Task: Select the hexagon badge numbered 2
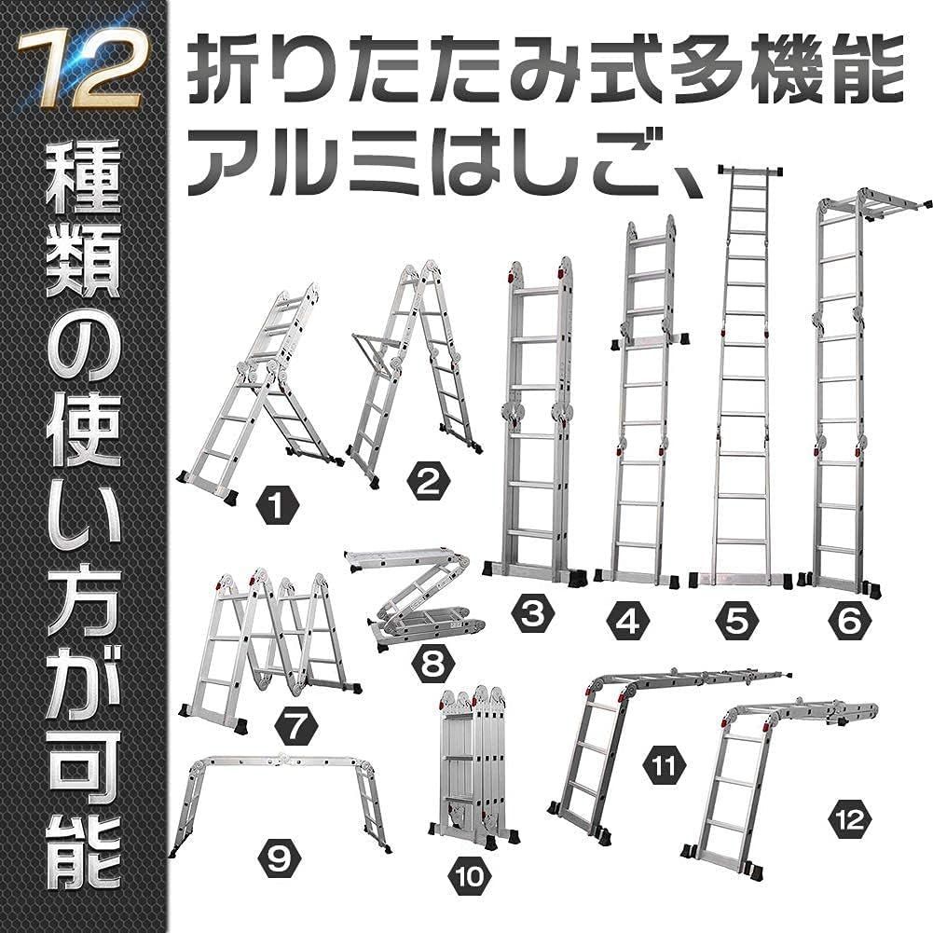(428, 482)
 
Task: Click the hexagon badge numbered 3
(533, 615)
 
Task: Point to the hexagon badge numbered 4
(629, 618)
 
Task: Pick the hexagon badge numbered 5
(736, 618)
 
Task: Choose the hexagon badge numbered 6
(846, 618)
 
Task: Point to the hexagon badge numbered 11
(665, 766)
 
